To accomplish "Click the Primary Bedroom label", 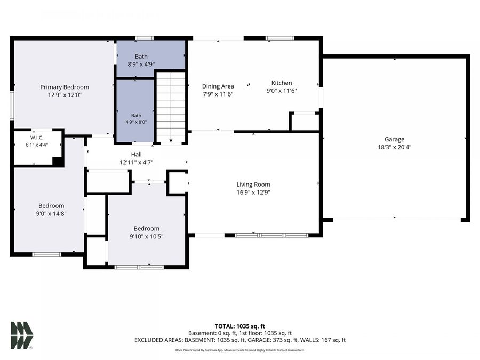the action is pos(65,87).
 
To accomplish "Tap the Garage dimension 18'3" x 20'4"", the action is pos(394,147).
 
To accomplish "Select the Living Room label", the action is pos(253,185).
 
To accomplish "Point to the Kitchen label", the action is pos(282,83).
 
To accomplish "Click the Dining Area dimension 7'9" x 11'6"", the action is pos(218,94).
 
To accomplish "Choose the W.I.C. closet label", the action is pos(37,138).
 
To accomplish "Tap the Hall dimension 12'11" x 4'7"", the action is pos(136,162).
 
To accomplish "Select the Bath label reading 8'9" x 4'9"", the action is pos(141,57).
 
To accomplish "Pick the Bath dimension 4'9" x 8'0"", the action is pos(136,122).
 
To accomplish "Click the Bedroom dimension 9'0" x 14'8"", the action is pos(51,214).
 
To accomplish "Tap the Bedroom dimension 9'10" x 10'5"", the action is pos(146,236).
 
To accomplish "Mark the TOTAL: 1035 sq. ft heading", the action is pos(239,326).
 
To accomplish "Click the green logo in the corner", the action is pos(21,335).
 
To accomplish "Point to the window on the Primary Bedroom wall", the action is pos(12,105).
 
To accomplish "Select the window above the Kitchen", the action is pos(279,38).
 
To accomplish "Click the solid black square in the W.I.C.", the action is pos(58,162).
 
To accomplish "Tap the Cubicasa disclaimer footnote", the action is pos(239,350).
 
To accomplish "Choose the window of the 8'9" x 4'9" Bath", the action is pos(144,38).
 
